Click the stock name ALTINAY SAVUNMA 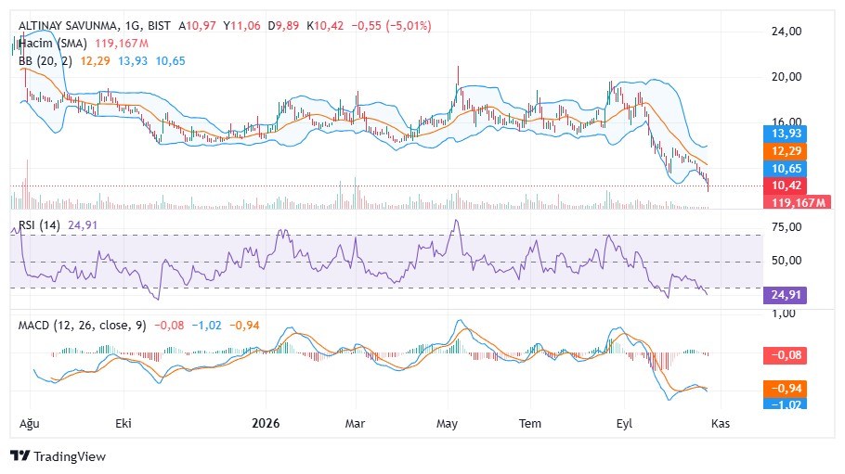pyautogui.click(x=68, y=26)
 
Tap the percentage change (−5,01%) pyautogui.click(x=409, y=26)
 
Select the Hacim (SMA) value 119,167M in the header pyautogui.click(x=122, y=44)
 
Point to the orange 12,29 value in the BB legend pyautogui.click(x=95, y=61)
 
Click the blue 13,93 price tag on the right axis pyautogui.click(x=786, y=134)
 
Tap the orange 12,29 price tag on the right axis pyautogui.click(x=786, y=151)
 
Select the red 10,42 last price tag pyautogui.click(x=786, y=186)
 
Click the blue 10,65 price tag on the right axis pyautogui.click(x=786, y=169)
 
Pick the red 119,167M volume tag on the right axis pyautogui.click(x=798, y=202)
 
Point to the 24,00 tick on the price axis pyautogui.click(x=786, y=32)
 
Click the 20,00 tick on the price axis pyautogui.click(x=786, y=77)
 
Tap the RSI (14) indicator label pyautogui.click(x=39, y=225)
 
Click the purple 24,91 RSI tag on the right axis pyautogui.click(x=786, y=295)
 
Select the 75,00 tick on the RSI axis pyautogui.click(x=786, y=227)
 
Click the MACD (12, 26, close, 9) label pyautogui.click(x=83, y=326)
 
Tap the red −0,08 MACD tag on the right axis pyautogui.click(x=786, y=355)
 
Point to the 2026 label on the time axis pyautogui.click(x=266, y=423)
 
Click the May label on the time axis pyautogui.click(x=447, y=424)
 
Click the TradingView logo pyautogui.click(x=58, y=456)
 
